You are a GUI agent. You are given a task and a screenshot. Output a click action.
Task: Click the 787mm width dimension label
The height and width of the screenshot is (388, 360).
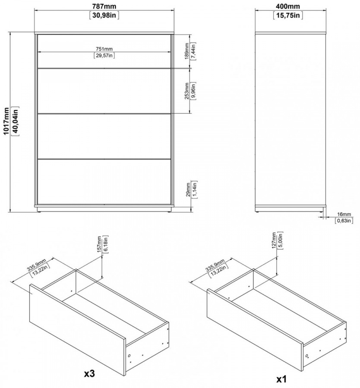tap(104, 6)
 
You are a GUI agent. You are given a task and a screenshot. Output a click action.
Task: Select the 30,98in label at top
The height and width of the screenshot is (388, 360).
tap(104, 16)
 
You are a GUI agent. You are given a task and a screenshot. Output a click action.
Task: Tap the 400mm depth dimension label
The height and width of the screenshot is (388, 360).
tap(288, 6)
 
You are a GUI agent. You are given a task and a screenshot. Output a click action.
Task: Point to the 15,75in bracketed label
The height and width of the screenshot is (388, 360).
tap(288, 16)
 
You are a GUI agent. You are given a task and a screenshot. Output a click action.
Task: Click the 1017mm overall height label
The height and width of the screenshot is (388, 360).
tap(6, 121)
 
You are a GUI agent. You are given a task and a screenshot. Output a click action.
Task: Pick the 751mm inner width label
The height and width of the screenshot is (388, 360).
tap(104, 49)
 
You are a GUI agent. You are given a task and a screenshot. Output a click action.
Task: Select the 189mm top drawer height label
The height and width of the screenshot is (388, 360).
tap(187, 51)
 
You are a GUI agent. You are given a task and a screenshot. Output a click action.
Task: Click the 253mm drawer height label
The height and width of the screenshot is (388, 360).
tap(187, 91)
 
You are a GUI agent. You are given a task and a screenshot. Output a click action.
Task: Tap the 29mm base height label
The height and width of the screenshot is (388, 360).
tap(188, 190)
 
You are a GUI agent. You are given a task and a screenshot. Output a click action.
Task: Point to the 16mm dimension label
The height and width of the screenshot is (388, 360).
tap(344, 214)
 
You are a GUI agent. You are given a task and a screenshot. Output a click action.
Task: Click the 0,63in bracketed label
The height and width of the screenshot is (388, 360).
tap(344, 220)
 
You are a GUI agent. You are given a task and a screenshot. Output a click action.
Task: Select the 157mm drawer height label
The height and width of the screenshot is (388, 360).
tap(99, 244)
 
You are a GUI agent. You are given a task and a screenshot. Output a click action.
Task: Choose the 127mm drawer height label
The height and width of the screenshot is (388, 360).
tap(274, 240)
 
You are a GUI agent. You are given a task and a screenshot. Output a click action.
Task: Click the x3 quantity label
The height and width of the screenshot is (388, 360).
tap(89, 373)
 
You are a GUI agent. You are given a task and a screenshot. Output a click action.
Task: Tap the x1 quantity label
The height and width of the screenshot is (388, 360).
tap(281, 379)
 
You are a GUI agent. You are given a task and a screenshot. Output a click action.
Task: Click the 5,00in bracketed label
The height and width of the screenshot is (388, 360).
tap(281, 240)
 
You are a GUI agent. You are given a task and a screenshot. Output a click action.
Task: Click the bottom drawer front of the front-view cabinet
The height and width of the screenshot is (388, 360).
tap(104, 181)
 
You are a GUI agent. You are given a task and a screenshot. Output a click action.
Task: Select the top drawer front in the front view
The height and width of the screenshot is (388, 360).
tap(104, 51)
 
